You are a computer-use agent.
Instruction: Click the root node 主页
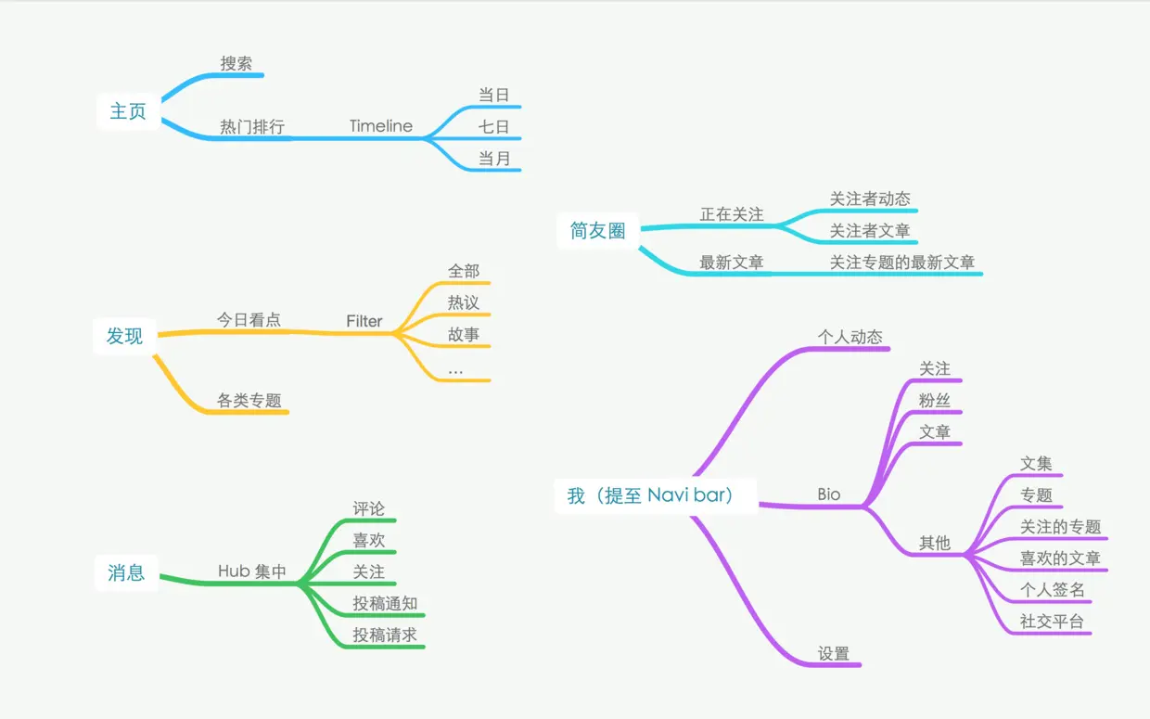[128, 111]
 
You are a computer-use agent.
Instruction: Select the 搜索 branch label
[236, 64]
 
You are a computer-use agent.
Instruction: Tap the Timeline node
[381, 126]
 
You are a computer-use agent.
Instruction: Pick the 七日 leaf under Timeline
[494, 126]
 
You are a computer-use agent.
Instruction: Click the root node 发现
[124, 336]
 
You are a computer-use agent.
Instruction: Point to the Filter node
[364, 321]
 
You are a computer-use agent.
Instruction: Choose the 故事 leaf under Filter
[464, 334]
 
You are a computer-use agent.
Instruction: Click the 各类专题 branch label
[249, 401]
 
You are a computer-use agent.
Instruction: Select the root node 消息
[126, 572]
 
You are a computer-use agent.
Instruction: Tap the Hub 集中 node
[252, 571]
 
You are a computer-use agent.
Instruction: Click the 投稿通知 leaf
[385, 604]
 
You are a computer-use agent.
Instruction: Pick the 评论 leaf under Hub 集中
[368, 508]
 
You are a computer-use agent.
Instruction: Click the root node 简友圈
[598, 231]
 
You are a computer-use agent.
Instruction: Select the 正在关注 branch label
[732, 214]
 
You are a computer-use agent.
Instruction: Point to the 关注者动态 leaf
[870, 199]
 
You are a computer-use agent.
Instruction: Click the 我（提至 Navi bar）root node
[653, 495]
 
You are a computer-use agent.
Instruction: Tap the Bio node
[829, 494]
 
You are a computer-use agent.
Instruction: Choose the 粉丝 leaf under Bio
[935, 401]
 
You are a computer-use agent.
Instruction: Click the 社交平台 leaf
[1052, 622]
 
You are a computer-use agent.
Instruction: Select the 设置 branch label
[834, 653]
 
